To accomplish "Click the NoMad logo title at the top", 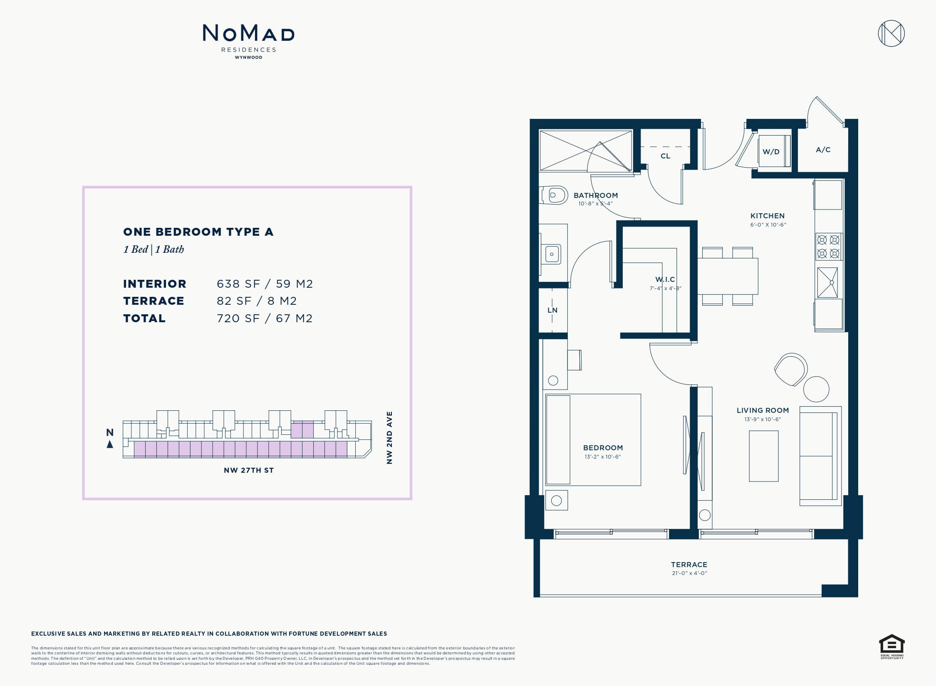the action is pyautogui.click(x=248, y=33).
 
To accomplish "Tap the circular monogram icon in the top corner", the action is pyautogui.click(x=891, y=33).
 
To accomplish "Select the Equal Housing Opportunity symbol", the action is pyautogui.click(x=892, y=646).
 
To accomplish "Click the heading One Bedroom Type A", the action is pyautogui.click(x=198, y=232).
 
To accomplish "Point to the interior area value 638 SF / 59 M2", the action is pyautogui.click(x=265, y=284).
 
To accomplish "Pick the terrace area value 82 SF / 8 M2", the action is pyautogui.click(x=257, y=301).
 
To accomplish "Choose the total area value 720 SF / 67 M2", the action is pyautogui.click(x=265, y=318).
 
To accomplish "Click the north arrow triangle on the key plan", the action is pyautogui.click(x=110, y=444).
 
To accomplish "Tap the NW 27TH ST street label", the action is pyautogui.click(x=249, y=470).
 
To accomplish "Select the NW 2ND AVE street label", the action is pyautogui.click(x=389, y=438).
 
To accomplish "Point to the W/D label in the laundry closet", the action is pyautogui.click(x=771, y=152).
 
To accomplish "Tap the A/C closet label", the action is pyautogui.click(x=823, y=150).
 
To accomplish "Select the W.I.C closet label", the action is pyautogui.click(x=665, y=279).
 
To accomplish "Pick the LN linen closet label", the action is pyautogui.click(x=552, y=310).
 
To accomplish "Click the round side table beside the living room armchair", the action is pyautogui.click(x=816, y=389).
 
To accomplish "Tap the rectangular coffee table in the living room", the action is pyautogui.click(x=764, y=456).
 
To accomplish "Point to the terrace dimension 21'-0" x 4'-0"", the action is pyautogui.click(x=689, y=573).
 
